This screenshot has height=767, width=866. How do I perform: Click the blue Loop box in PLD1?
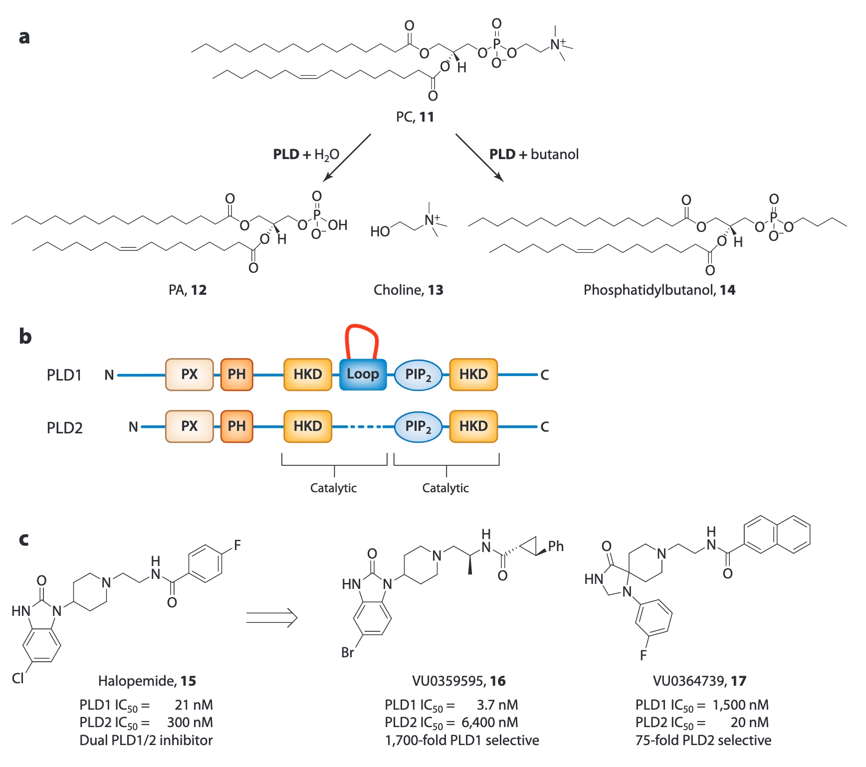[363, 375]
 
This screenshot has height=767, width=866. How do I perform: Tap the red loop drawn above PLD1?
[362, 327]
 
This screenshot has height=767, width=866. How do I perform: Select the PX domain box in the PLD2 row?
[189, 426]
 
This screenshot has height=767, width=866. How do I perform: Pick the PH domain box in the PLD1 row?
[236, 375]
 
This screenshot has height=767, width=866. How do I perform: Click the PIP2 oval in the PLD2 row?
[418, 426]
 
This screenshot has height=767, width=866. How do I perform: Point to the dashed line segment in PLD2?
[363, 427]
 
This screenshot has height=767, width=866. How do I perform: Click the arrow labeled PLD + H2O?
[347, 157]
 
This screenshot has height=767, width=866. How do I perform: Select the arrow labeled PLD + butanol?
[479, 157]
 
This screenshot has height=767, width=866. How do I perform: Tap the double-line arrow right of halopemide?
[272, 618]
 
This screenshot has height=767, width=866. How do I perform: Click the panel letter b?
[25, 337]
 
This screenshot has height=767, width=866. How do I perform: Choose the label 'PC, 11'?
[415, 117]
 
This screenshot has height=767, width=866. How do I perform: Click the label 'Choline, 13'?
[408, 290]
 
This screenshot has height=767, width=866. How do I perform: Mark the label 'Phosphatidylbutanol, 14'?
[659, 290]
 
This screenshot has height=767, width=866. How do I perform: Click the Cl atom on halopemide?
[18, 678]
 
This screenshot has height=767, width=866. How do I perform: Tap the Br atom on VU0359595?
[348, 652]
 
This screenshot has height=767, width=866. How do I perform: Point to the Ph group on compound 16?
[556, 547]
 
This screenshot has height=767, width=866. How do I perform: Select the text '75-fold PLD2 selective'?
[703, 740]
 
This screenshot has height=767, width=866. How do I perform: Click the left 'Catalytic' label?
[333, 488]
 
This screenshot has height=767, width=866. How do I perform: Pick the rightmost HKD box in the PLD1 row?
[473, 375]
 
